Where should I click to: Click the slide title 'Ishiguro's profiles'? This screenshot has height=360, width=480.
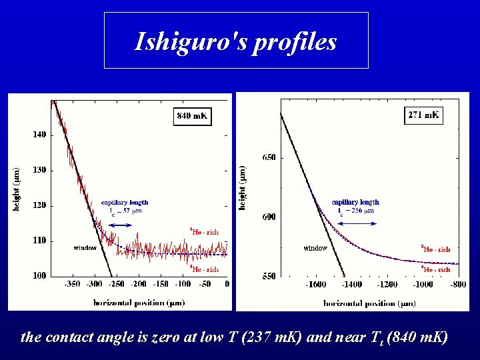tap(236, 41)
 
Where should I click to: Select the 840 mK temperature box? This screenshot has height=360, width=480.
tap(192, 116)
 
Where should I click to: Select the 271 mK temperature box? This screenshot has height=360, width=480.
tap(423, 115)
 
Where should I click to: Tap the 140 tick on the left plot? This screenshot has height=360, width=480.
tap(39, 135)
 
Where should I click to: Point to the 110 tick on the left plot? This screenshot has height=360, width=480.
tap(39, 241)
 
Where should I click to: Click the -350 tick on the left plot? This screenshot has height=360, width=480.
tap(71, 284)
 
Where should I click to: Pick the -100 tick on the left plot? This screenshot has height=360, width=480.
tap(183, 284)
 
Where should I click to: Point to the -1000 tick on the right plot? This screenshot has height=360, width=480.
tap(422, 285)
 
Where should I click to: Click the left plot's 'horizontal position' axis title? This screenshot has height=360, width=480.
tap(138, 301)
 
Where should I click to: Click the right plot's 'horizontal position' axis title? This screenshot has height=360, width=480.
tap(369, 303)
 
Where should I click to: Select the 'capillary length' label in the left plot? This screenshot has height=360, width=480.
tap(125, 202)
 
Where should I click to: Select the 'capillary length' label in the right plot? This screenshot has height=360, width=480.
tap(355, 202)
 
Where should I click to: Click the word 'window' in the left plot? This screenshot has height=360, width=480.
tap(85, 248)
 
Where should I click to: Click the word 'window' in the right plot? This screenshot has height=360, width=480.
tap(315, 248)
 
